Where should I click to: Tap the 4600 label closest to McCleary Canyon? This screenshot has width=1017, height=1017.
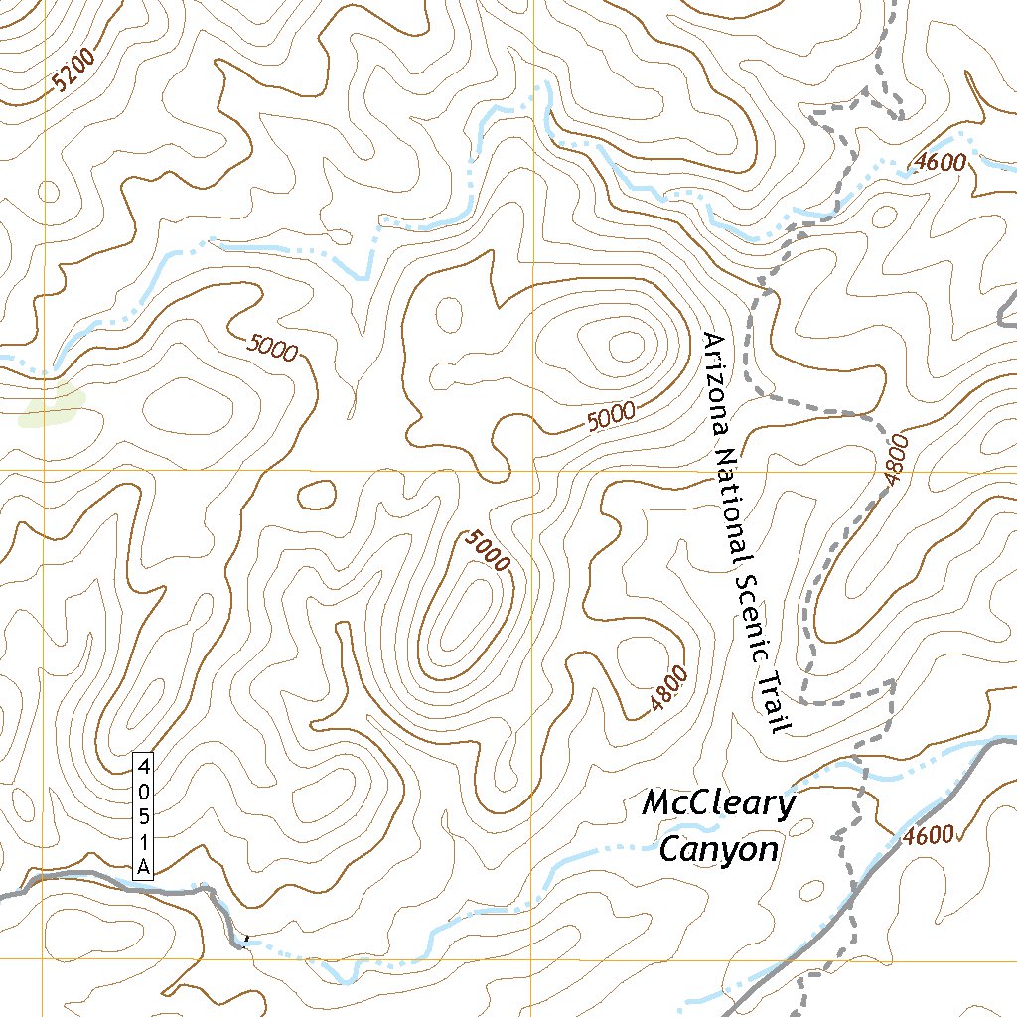pyautogui.click(x=930, y=835)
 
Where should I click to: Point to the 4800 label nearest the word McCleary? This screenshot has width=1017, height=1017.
pyautogui.click(x=669, y=691)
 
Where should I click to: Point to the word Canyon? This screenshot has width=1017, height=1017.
pyautogui.click(x=718, y=850)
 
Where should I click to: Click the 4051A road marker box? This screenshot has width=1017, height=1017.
pyautogui.click(x=144, y=816)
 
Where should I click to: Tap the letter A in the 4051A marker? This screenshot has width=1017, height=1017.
pyautogui.click(x=144, y=867)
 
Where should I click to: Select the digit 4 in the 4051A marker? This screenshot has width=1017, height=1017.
pyautogui.click(x=144, y=766)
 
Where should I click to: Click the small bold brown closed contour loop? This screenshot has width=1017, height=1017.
pyautogui.click(x=317, y=495)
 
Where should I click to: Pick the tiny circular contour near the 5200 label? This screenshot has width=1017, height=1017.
pyautogui.click(x=49, y=192)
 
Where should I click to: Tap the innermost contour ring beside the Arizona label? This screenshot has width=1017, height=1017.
pyautogui.click(x=625, y=346)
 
